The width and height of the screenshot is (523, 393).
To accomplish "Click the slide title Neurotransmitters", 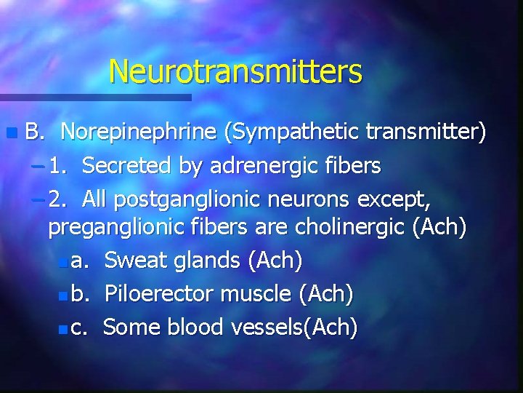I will (235, 71).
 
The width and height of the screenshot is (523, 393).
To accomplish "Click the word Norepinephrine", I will (139, 132).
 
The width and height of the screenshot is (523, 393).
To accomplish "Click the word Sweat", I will (134, 260).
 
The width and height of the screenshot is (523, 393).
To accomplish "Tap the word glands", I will (205, 260).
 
